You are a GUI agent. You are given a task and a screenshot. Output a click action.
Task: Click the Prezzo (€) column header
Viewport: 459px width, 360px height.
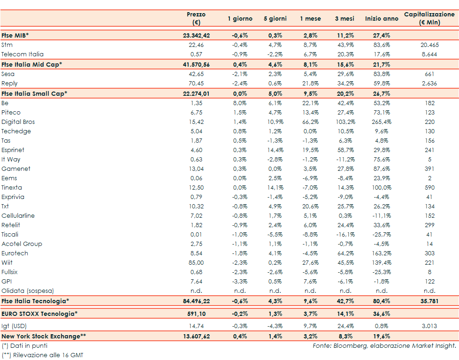click(x=196, y=19)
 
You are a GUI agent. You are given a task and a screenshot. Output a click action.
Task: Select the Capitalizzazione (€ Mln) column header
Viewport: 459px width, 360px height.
click(x=429, y=19)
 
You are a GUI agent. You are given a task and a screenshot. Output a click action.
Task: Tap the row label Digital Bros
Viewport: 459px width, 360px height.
click(x=18, y=122)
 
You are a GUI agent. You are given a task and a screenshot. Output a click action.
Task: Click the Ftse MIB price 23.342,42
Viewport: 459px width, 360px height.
click(x=196, y=35)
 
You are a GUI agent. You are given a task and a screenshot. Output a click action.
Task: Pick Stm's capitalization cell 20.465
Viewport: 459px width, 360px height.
click(x=429, y=45)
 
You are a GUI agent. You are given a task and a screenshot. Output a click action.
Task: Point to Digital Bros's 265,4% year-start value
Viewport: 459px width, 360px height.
click(x=382, y=122)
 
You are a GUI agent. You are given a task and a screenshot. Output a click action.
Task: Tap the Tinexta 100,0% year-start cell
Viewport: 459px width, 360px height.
click(x=382, y=188)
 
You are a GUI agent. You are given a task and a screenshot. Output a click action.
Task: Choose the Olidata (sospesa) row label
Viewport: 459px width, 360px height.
click(x=27, y=291)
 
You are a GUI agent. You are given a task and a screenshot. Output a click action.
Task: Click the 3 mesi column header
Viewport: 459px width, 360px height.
click(x=344, y=19)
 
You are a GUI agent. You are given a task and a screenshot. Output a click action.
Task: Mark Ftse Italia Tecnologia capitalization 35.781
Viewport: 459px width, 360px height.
click(x=429, y=301)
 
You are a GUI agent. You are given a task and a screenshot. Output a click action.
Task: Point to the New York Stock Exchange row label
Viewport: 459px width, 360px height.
click(x=44, y=336)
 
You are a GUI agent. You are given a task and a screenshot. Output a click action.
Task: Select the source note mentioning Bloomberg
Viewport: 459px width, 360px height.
click(x=384, y=346)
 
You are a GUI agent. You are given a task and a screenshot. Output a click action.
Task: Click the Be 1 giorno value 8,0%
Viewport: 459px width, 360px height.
click(x=240, y=103)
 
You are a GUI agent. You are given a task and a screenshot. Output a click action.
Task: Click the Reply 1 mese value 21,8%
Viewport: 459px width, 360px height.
click(x=310, y=84)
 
